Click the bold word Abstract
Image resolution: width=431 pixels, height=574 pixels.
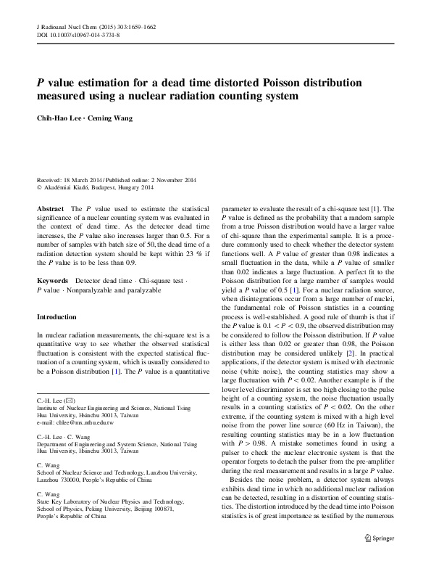coord(50,209)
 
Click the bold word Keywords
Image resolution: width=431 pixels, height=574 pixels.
coord(52,279)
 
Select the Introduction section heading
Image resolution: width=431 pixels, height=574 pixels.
coord(57,317)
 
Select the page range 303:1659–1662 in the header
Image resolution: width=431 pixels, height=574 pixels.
coord(131,26)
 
